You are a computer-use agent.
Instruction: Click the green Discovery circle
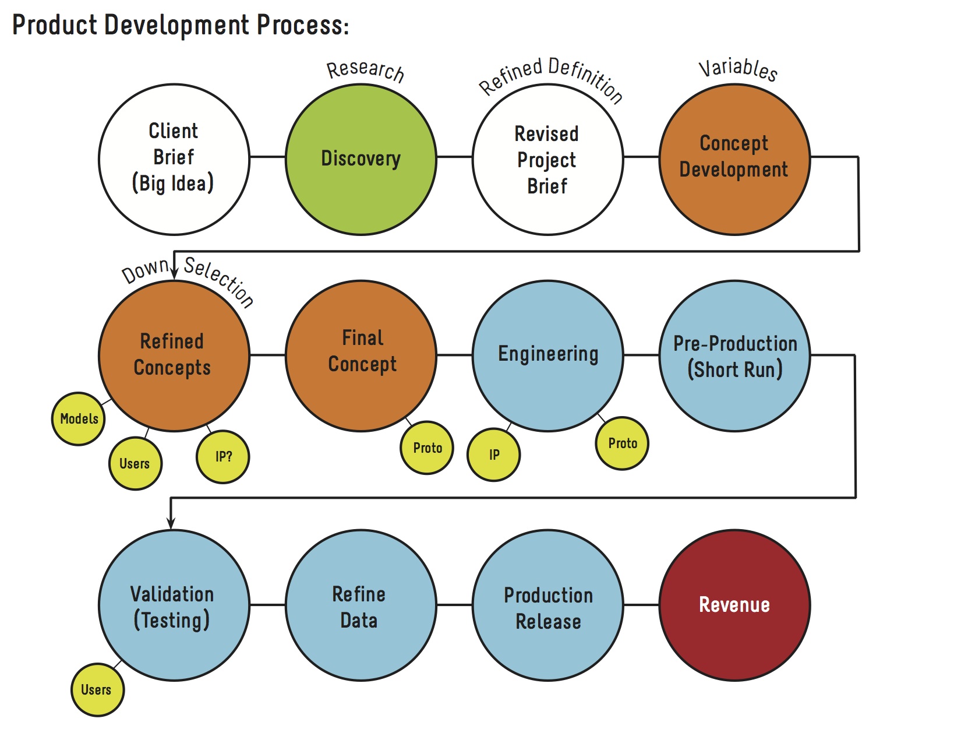pyautogui.click(x=361, y=159)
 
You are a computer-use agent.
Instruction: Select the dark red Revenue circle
pyautogui.click(x=734, y=605)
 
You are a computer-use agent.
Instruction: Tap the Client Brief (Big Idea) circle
pyautogui.click(x=174, y=159)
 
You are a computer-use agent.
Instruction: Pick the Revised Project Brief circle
pyautogui.click(x=547, y=159)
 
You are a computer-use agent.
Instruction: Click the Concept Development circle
pyautogui.click(x=734, y=159)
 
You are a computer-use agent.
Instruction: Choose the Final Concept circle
pyautogui.click(x=361, y=355)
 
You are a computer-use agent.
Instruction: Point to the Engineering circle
pyautogui.click(x=547, y=355)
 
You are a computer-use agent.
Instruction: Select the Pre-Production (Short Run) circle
pyautogui.click(x=734, y=355)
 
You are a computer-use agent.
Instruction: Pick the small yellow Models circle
pyautogui.click(x=79, y=418)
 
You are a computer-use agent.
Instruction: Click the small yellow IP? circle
pyautogui.click(x=223, y=457)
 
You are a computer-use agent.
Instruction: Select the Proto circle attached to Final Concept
pyautogui.click(x=427, y=448)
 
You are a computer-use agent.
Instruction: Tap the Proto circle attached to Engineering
pyautogui.click(x=622, y=443)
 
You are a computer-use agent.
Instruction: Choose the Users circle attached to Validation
pyautogui.click(x=97, y=689)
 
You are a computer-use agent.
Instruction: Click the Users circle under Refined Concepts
pyautogui.click(x=135, y=463)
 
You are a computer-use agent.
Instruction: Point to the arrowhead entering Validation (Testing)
pyautogui.click(x=171, y=523)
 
